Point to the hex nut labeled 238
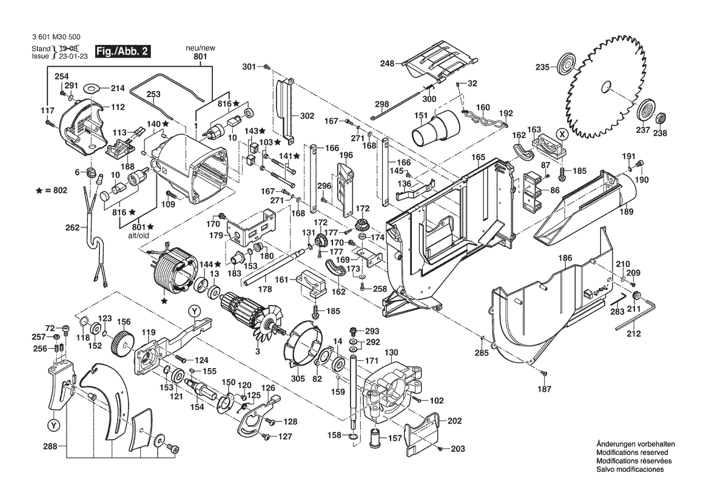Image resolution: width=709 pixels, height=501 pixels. pos(662,116)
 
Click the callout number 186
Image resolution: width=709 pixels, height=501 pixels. pos(565,258)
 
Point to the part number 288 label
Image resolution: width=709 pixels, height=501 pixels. pos(50,447)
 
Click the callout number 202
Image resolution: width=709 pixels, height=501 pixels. pos(455,421)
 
